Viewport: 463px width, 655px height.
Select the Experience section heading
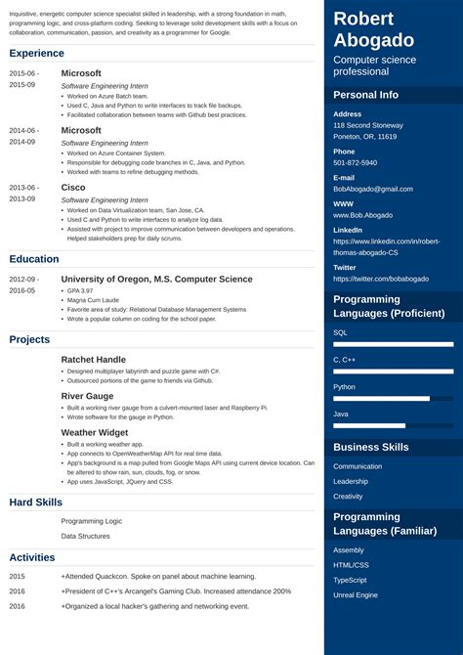click(x=37, y=53)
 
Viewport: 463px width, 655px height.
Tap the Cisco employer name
click(x=73, y=187)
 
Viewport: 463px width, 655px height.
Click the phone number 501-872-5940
click(x=356, y=162)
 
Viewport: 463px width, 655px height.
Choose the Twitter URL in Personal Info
click(x=381, y=279)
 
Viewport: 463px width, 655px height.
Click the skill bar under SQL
click(x=393, y=344)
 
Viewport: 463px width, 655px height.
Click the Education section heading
click(x=35, y=259)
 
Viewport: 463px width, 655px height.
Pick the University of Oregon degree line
click(x=156, y=279)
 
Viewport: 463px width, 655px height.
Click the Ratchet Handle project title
click(x=93, y=360)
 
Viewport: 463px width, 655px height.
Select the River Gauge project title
click(x=87, y=396)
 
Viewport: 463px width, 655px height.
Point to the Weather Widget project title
click(x=94, y=432)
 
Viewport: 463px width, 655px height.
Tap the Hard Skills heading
click(x=35, y=502)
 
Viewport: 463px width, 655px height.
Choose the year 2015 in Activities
click(x=18, y=577)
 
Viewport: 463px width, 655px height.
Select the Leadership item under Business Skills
click(x=351, y=481)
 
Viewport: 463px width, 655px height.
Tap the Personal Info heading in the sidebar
click(x=365, y=95)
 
